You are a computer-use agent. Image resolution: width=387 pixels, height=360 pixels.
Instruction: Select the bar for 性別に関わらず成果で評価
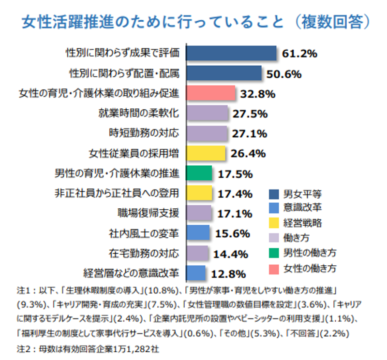click(231, 53)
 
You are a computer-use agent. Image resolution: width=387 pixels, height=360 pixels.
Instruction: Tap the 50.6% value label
click(284, 74)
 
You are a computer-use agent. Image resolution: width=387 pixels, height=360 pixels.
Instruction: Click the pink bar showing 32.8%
click(210, 93)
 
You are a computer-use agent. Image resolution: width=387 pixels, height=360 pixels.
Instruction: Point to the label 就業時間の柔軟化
click(139, 114)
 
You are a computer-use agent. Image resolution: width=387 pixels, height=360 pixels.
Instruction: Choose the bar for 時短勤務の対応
click(207, 133)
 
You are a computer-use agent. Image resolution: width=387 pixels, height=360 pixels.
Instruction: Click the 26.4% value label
click(248, 154)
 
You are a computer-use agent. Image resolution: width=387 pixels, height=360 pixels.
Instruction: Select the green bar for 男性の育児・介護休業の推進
click(199, 173)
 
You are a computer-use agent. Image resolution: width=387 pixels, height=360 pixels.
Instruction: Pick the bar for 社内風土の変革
click(198, 233)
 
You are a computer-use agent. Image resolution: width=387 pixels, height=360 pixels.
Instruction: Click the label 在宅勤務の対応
click(144, 253)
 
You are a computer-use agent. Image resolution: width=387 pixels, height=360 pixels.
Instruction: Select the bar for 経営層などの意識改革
click(196, 273)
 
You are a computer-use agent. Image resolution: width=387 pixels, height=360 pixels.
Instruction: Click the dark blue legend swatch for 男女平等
click(273, 194)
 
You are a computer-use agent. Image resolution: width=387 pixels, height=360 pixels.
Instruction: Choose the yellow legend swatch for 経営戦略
click(273, 223)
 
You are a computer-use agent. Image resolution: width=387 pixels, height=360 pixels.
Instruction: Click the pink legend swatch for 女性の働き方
click(273, 267)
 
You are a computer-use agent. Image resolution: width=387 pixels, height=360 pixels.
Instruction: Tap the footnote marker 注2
click(24, 347)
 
